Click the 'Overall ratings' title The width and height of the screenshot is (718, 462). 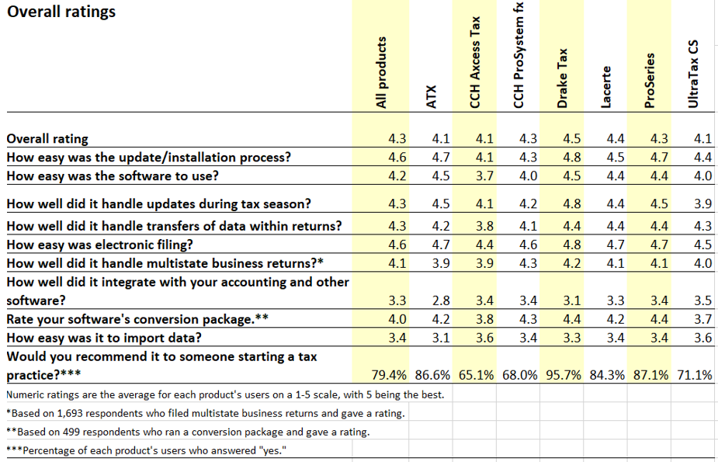(61, 12)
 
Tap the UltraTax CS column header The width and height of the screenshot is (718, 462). (694, 75)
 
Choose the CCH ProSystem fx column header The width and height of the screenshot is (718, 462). (519, 55)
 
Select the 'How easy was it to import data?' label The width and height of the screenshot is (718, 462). (104, 338)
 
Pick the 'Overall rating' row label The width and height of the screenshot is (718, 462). (47, 139)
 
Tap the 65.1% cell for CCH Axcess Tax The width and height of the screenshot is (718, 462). (476, 375)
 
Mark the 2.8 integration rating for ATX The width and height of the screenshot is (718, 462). (440, 300)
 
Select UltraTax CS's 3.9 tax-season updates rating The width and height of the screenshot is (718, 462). (702, 204)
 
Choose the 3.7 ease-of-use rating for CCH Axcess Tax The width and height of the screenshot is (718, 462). (484, 176)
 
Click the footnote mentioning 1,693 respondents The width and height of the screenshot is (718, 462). (205, 413)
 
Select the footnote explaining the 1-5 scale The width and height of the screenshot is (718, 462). (225, 394)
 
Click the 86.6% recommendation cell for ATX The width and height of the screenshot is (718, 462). (432, 375)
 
